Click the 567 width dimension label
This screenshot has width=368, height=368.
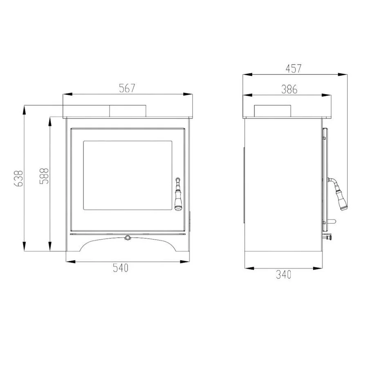click(x=127, y=88)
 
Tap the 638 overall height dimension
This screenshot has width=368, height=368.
click(x=19, y=178)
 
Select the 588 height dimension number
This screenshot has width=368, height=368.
click(x=44, y=176)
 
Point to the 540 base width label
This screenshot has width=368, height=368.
click(x=121, y=268)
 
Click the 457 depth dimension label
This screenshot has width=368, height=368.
click(x=293, y=69)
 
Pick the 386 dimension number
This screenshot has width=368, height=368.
click(x=289, y=89)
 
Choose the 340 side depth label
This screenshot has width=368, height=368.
click(x=283, y=275)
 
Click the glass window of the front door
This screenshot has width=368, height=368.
click(x=128, y=175)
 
